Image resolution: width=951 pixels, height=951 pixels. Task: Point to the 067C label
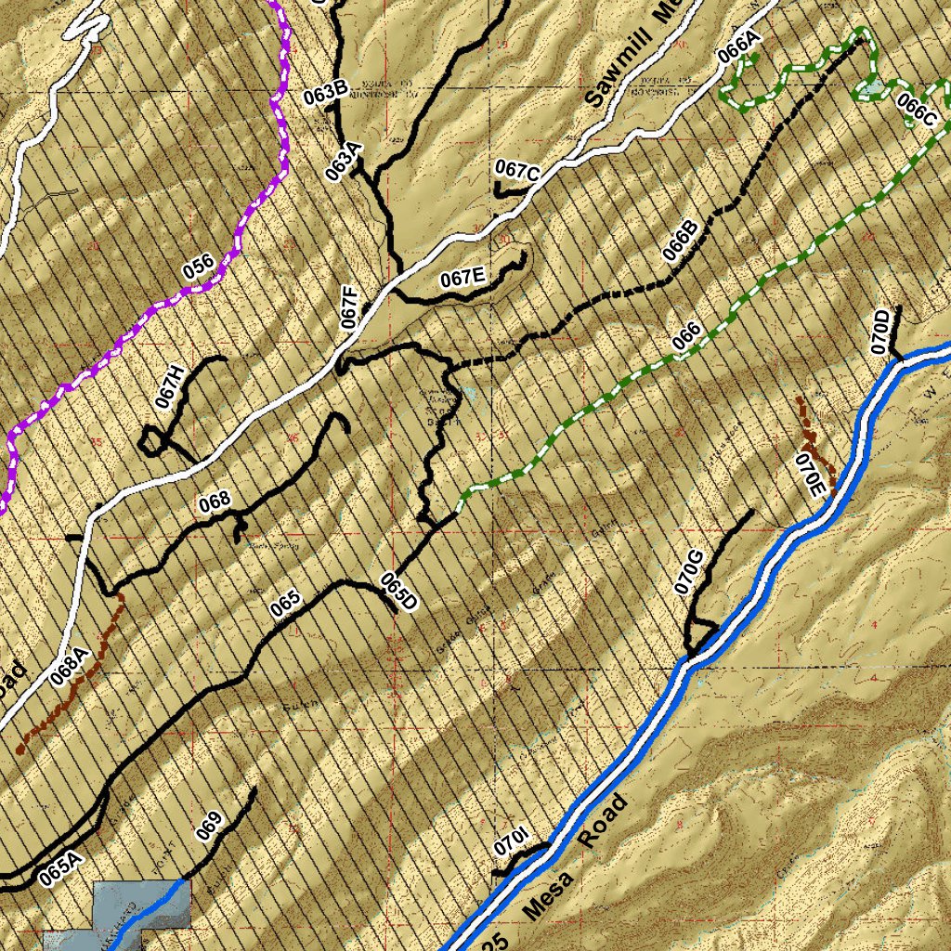[516, 171]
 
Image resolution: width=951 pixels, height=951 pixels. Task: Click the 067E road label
[462, 277]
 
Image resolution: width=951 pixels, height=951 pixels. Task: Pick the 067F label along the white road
[349, 307]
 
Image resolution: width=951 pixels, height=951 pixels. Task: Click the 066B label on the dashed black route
[681, 243]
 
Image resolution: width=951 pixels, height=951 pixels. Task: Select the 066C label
[917, 111]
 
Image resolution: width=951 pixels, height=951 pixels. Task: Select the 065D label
[398, 593]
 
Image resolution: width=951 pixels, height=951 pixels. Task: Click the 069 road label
[209, 826]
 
